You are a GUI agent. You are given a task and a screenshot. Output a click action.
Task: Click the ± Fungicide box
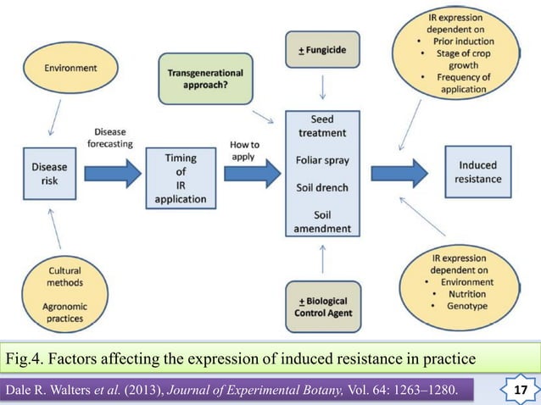click(x=322, y=50)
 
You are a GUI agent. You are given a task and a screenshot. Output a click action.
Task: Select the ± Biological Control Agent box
click(x=323, y=307)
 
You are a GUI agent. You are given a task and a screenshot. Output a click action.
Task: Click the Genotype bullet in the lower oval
click(x=462, y=306)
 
